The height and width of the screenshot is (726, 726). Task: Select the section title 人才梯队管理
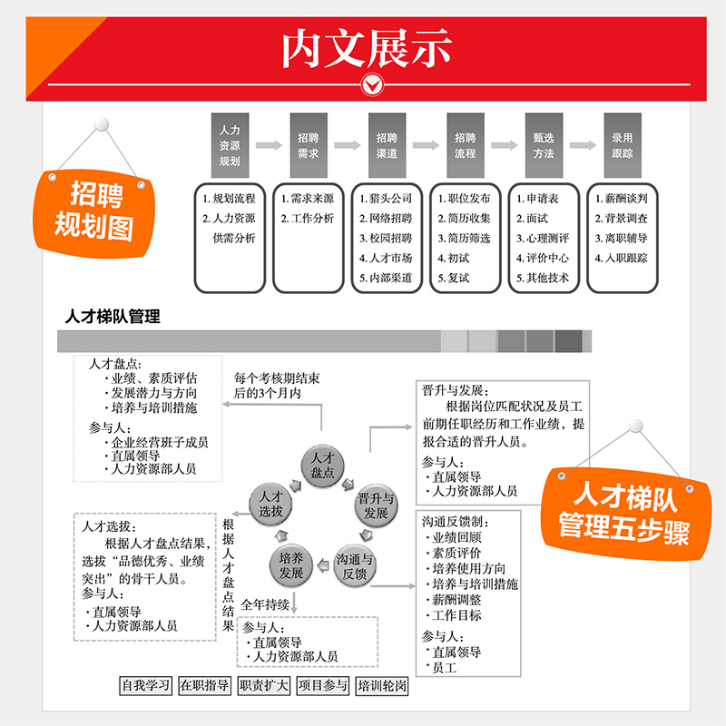click(113, 317)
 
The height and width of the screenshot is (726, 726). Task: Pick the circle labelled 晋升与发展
click(376, 505)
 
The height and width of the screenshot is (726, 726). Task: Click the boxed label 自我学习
click(146, 686)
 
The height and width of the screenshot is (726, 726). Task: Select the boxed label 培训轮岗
click(382, 686)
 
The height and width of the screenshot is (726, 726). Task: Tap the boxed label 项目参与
click(323, 686)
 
